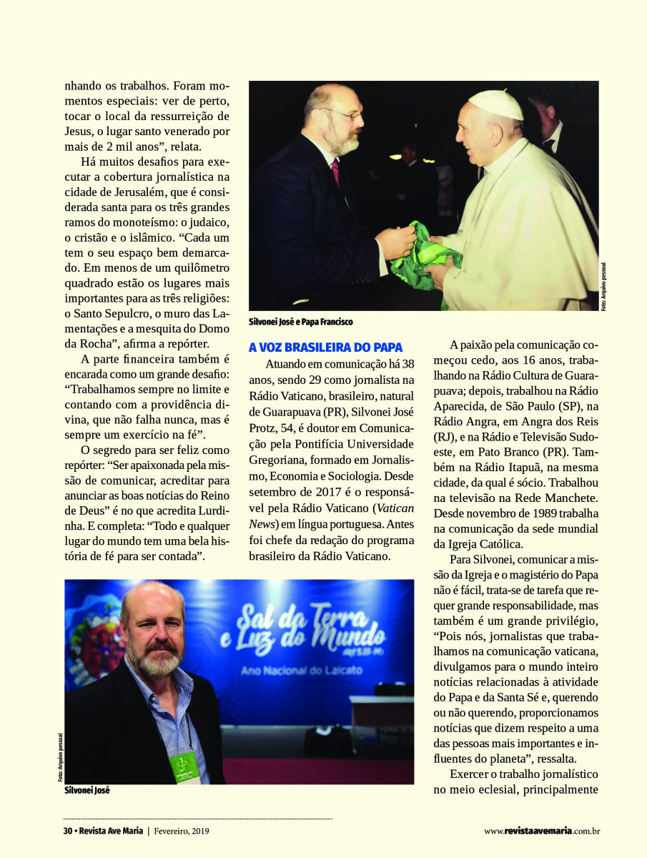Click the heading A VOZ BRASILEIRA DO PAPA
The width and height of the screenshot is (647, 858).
coord(325,347)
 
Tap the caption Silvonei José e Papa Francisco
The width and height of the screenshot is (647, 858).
coord(300,322)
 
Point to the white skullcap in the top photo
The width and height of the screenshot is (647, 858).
coord(495,104)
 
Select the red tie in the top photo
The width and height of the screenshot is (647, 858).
coord(335,172)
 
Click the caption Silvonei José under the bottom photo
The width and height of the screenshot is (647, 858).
coord(87,792)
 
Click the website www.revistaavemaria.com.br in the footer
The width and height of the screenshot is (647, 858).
coord(541,831)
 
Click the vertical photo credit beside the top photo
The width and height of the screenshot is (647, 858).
coord(604,286)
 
